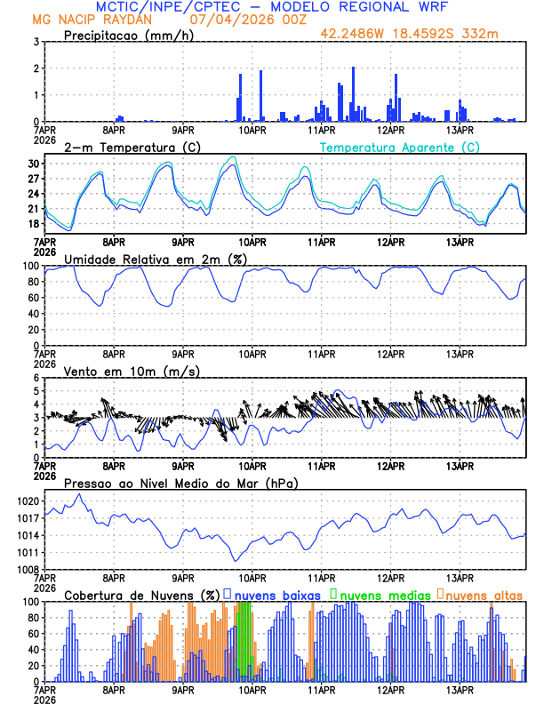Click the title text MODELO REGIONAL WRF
pyautogui.click(x=364, y=7)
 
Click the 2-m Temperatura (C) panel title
pyautogui.click(x=126, y=147)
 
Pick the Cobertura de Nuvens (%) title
pyautogui.click(x=141, y=595)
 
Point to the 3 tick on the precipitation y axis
pyautogui.click(x=36, y=42)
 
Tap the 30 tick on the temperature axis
pyautogui.click(x=32, y=164)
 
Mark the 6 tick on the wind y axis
pyautogui.click(x=36, y=378)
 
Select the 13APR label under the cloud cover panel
pyautogui.click(x=460, y=690)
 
